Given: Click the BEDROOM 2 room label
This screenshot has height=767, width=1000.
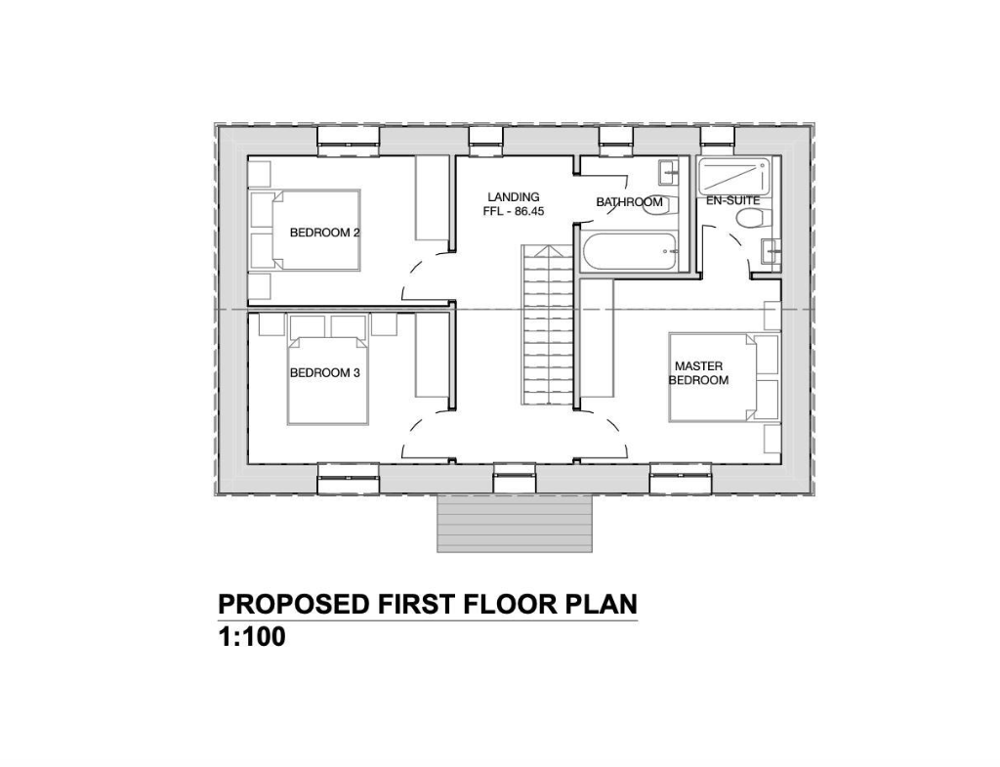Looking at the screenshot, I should coord(325,234).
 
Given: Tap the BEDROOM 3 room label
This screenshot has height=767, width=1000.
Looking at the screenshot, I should coord(325,373).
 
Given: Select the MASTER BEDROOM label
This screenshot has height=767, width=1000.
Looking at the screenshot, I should coord(698,372).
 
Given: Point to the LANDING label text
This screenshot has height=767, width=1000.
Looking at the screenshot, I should coord(514,197).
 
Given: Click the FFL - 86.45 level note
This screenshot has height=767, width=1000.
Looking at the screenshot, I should coord(514,212).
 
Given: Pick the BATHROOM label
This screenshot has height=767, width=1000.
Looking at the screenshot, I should coord(629,203).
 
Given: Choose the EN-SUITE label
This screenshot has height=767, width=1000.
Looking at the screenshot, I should coord(732,200).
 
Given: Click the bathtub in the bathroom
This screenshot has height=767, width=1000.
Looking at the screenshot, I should coord(631,250).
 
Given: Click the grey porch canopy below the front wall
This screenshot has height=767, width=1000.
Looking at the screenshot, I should coord(516,523).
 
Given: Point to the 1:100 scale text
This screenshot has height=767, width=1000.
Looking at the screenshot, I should coord(251,639).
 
